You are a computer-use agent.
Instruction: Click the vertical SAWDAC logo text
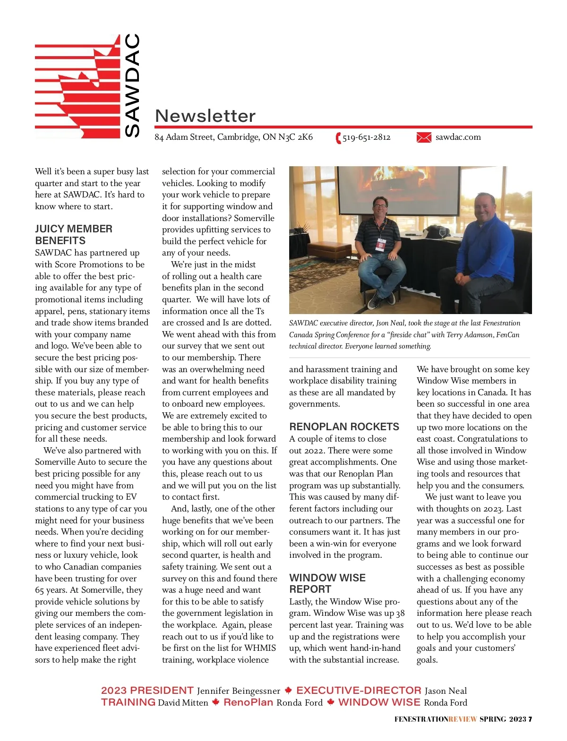pyautogui.click(x=132, y=85)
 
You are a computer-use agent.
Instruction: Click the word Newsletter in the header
pyautogui.click(x=205, y=116)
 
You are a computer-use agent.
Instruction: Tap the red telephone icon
pyautogui.click(x=338, y=138)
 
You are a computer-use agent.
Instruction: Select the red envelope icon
pyautogui.click(x=424, y=137)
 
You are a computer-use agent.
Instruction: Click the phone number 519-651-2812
pyautogui.click(x=367, y=137)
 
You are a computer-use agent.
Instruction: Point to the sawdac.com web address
pyautogui.click(x=458, y=137)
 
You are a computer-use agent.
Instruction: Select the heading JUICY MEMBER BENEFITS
pyautogui.click(x=74, y=234)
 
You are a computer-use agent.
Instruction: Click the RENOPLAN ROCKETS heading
pyautogui.click(x=344, y=426)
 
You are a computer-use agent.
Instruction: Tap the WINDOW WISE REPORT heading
pyautogui.click(x=327, y=583)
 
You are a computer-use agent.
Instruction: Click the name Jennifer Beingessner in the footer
pyautogui.click(x=239, y=691)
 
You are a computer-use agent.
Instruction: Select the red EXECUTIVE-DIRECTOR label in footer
pyautogui.click(x=359, y=690)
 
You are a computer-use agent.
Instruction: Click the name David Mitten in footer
pyautogui.click(x=183, y=703)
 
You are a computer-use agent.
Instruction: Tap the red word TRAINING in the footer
pyautogui.click(x=128, y=702)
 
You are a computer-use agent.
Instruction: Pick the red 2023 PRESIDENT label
pyautogui.click(x=147, y=690)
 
